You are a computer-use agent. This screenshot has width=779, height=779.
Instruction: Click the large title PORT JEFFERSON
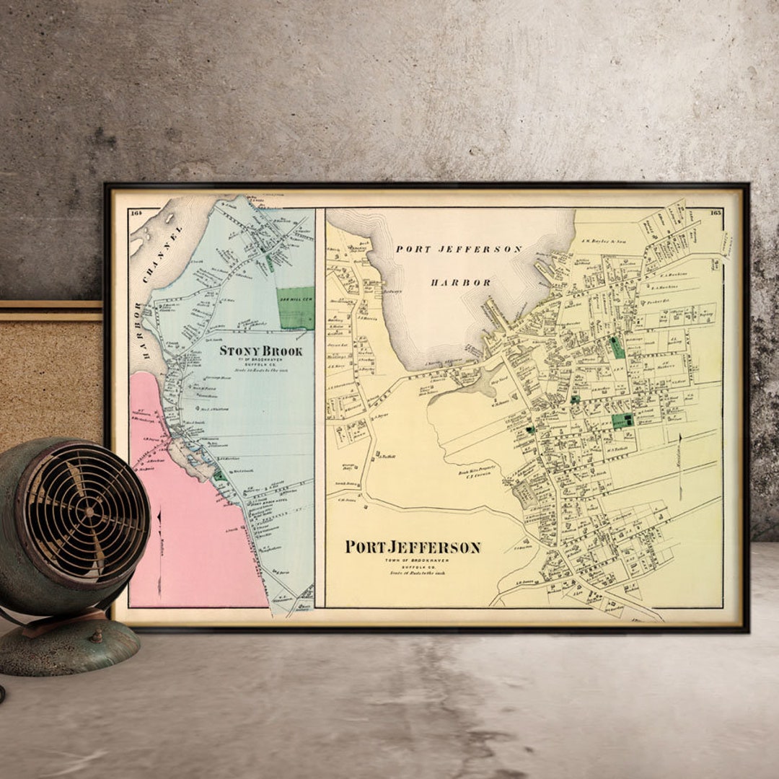pos(412,547)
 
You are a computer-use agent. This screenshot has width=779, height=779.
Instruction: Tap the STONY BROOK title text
pos(260,351)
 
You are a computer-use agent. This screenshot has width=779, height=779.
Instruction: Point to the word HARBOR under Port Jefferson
pos(461,282)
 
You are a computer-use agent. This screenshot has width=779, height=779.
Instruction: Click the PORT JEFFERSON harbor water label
pos(459,249)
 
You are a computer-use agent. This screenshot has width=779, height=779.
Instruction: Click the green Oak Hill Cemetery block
pos(296,308)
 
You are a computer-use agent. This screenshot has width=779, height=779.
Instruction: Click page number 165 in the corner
pos(715,212)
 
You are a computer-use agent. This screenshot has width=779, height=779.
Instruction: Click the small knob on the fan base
pos(94,636)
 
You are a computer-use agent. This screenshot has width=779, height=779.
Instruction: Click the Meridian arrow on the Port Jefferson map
pos(679,465)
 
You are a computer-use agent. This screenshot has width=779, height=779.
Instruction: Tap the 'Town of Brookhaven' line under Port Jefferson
pos(412,560)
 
